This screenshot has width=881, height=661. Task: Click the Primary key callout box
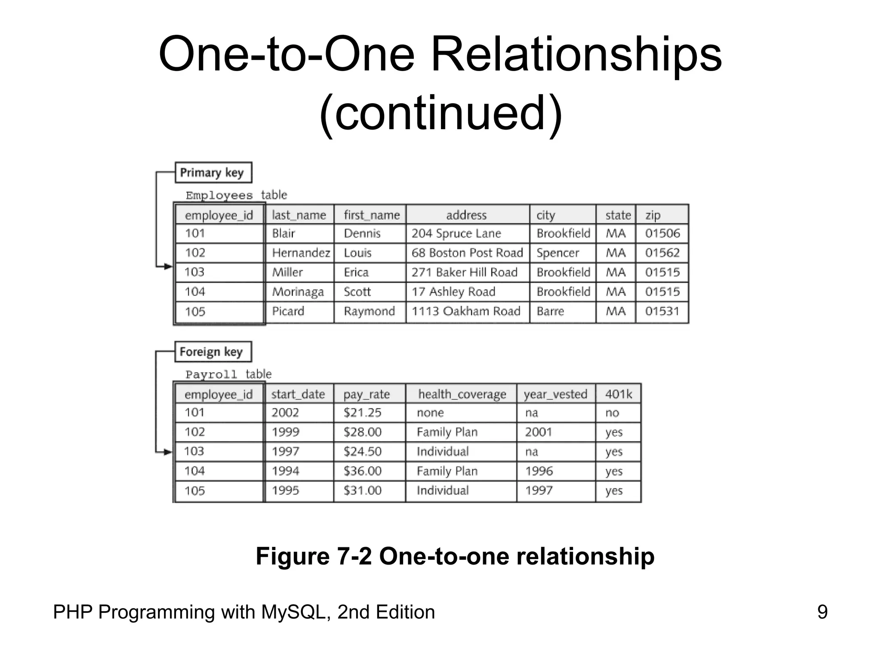(213, 173)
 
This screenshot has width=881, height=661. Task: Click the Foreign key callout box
(213, 352)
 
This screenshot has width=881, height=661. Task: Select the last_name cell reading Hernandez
(301, 253)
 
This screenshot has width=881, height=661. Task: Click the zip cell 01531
(662, 311)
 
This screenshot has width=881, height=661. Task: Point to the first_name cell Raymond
(369, 311)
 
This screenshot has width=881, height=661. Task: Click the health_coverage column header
(462, 394)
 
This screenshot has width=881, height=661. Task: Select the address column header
(466, 215)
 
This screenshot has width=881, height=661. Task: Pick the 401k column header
(618, 394)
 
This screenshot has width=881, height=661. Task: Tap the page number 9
(822, 612)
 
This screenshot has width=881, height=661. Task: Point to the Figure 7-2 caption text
(455, 556)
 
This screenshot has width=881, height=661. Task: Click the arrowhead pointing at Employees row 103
(168, 267)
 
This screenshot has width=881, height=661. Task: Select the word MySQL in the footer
(296, 612)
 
